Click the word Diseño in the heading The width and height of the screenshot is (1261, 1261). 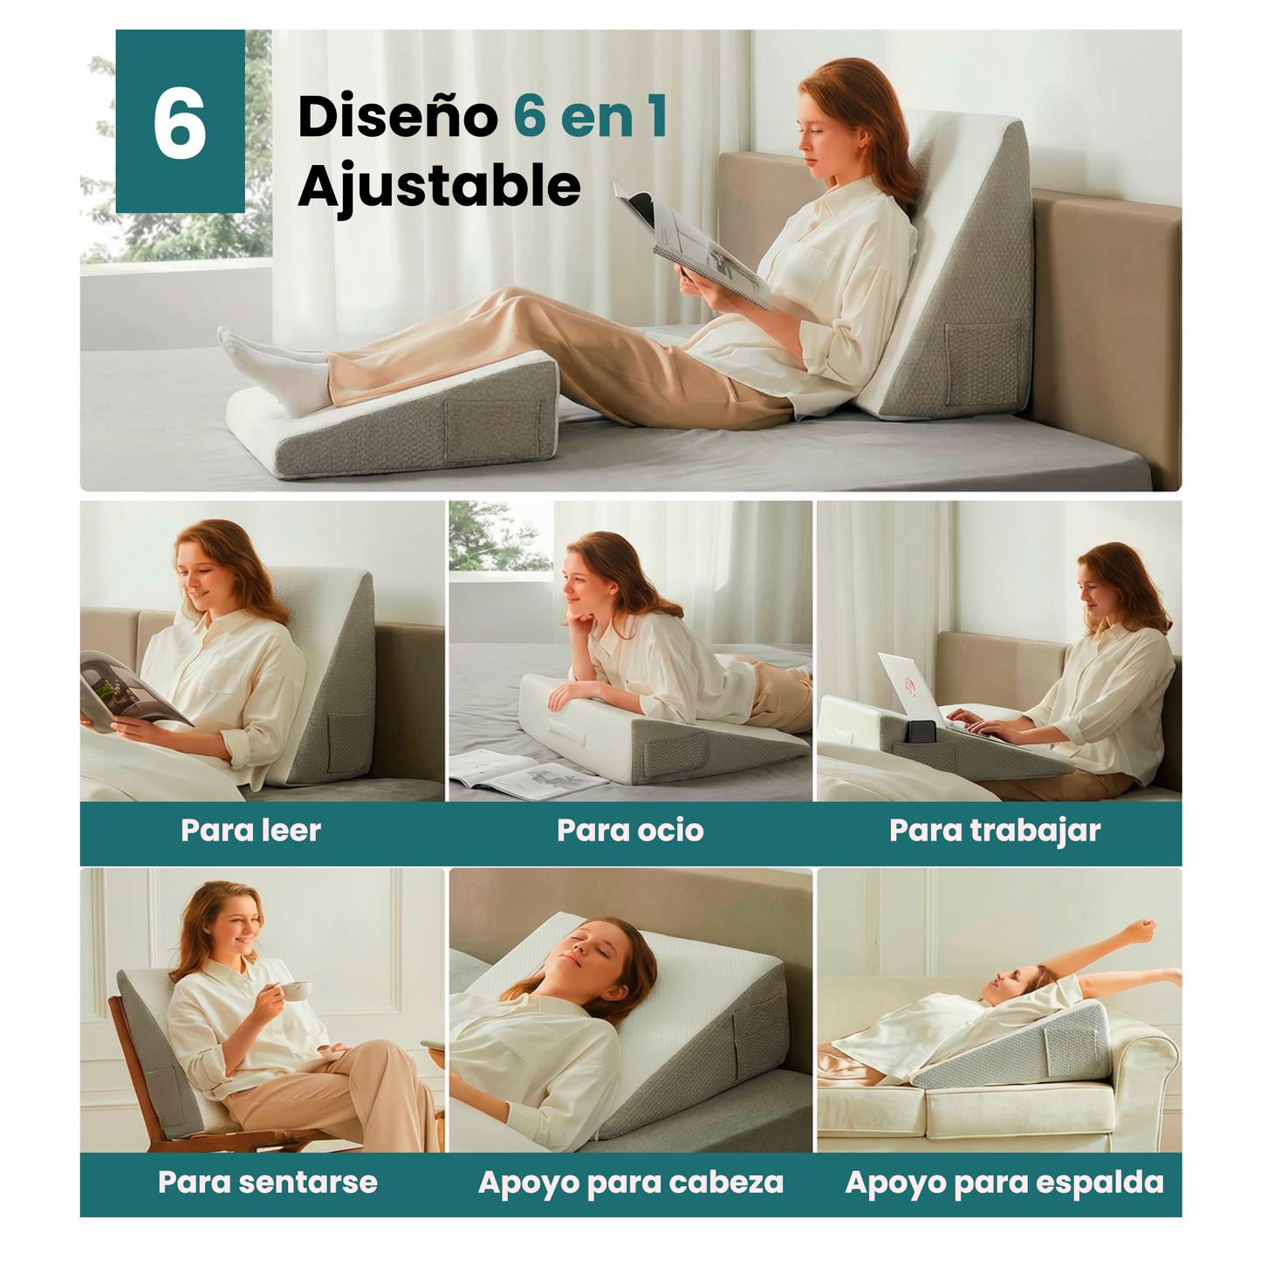point(397,117)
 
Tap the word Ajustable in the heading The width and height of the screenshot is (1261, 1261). point(439,186)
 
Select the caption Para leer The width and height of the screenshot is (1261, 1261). point(250,830)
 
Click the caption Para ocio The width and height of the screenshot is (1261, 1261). point(630,830)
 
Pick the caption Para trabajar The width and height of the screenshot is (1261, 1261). point(995,830)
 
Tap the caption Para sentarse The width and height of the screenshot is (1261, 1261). point(267,1182)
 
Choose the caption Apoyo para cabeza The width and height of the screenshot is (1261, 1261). point(630,1182)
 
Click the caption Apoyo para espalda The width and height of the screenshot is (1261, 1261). point(1004,1182)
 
